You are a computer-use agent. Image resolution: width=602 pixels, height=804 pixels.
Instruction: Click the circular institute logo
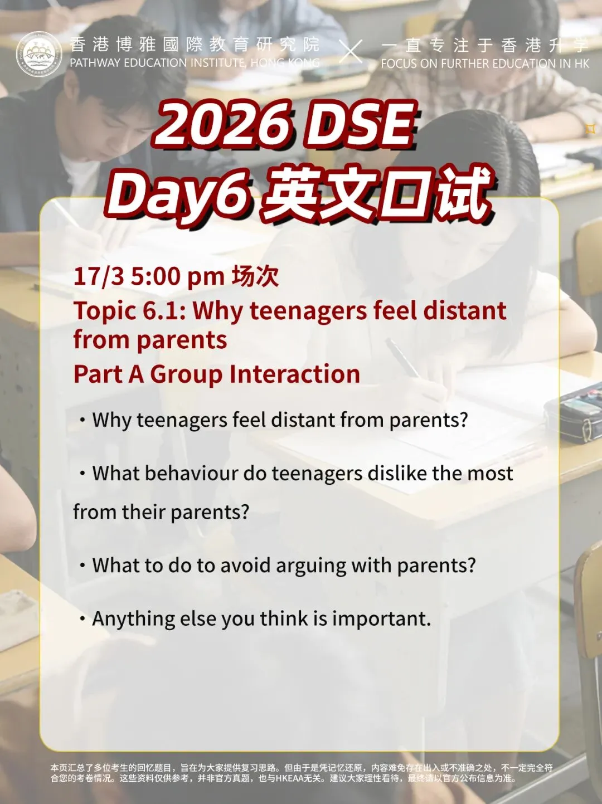38,54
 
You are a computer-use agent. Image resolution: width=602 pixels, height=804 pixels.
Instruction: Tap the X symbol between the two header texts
351,52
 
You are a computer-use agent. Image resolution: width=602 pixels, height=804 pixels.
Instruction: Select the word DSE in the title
361,124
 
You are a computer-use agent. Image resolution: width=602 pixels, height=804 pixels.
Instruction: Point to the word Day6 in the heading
178,194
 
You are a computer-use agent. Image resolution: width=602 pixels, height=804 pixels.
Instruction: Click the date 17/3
99,276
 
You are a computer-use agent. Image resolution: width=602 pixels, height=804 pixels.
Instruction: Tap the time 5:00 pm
177,276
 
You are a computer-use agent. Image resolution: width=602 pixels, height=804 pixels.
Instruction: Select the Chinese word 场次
255,276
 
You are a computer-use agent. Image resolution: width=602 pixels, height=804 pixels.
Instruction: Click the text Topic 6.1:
129,311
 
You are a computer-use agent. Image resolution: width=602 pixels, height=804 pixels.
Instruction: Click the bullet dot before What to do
82,566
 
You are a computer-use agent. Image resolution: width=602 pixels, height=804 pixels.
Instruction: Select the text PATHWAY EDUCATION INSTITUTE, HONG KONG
195,63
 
